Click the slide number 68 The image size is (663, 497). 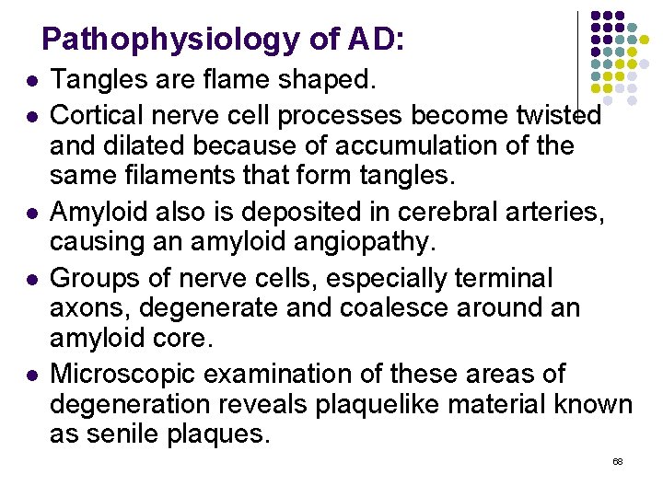[x=617, y=461]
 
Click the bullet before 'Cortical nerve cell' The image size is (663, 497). [x=33, y=117]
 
